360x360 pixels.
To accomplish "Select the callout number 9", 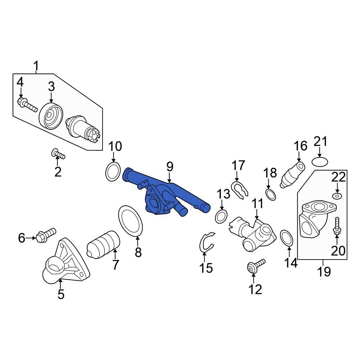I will point(170,167).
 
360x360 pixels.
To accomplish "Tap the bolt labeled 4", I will point(27,105).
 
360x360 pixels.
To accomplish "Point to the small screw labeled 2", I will point(58,154).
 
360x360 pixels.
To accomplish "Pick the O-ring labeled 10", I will point(113,172).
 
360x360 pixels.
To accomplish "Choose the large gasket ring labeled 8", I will point(131,221).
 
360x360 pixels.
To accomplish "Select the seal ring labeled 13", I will point(221,216).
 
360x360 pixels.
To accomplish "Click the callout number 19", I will point(324,271).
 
